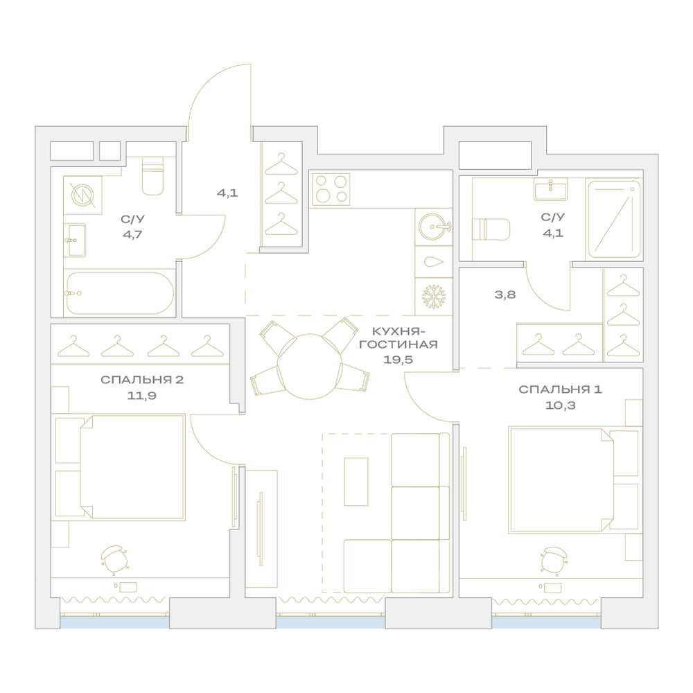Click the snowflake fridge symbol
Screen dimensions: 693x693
[434, 296]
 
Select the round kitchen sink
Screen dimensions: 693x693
[433, 227]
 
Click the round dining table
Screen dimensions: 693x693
[309, 367]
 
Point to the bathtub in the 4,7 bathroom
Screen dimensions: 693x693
[119, 292]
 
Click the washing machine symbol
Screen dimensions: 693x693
[83, 195]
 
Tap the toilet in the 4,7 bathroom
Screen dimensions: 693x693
[152, 176]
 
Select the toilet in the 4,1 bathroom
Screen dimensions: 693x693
[491, 229]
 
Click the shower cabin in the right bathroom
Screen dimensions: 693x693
[613, 219]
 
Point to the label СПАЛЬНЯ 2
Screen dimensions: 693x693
[142, 380]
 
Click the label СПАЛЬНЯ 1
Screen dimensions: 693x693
[560, 389]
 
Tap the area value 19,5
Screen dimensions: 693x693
[398, 360]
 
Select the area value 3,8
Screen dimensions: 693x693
[505, 295]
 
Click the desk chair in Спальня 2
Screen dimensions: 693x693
[114, 558]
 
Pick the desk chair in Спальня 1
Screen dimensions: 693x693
[554, 560]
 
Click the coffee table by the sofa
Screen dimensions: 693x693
[356, 482]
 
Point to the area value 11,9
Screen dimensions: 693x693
[141, 396]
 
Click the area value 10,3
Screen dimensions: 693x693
[560, 405]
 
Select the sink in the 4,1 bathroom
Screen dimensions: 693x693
[551, 189]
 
